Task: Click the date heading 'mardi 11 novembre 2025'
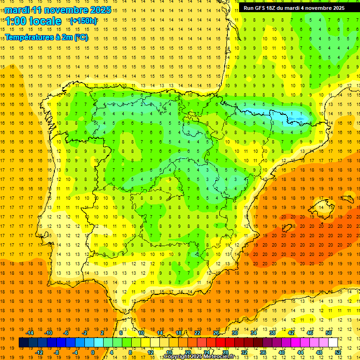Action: pyautogui.click(x=58, y=10)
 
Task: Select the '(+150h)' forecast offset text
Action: pyautogui.click(x=83, y=21)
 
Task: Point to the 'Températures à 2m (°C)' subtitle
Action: pyautogui.click(x=46, y=37)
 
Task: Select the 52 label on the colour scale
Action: pyautogui.click(x=337, y=352)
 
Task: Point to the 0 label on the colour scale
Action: pyautogui.click(x=93, y=352)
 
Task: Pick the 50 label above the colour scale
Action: pyautogui.click(x=328, y=333)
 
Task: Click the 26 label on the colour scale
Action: pyautogui.click(x=216, y=333)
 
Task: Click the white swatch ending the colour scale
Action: pyautogui.click(x=333, y=342)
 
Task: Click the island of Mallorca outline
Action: pyautogui.click(x=319, y=207)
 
